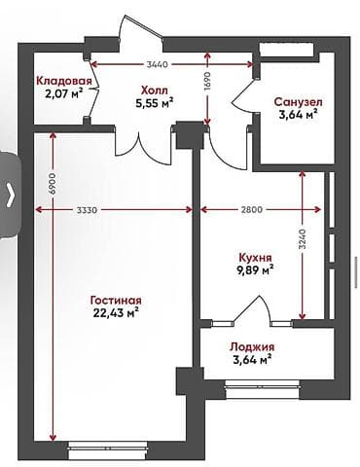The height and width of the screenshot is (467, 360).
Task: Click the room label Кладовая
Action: point(64,81)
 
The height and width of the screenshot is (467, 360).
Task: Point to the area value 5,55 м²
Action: point(155,100)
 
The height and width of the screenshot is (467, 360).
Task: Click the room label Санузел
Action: point(299,101)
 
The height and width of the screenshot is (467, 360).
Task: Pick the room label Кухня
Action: point(255,258)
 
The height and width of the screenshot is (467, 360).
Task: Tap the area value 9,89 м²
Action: point(255,271)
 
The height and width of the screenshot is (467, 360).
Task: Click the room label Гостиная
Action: point(118,300)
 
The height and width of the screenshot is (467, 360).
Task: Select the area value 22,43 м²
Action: point(118,313)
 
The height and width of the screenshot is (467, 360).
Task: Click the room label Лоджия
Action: point(252,347)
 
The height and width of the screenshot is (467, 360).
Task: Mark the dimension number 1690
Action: point(207,84)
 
